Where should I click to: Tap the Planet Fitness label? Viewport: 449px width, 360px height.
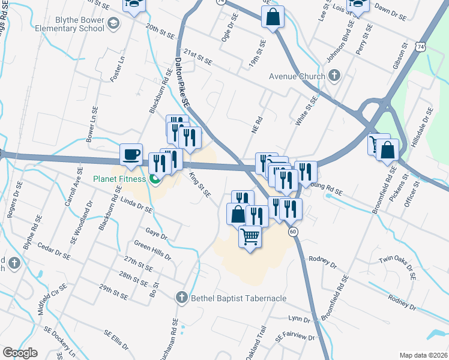tap(119, 179)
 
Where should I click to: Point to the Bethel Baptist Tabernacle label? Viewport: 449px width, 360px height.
tap(238, 298)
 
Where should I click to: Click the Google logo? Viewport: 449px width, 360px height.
tap(20, 353)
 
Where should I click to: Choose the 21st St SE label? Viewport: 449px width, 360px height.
tap(199, 58)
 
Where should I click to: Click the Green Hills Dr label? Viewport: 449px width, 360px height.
tap(152, 250)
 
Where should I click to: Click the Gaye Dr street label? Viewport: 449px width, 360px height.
tap(155, 232)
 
